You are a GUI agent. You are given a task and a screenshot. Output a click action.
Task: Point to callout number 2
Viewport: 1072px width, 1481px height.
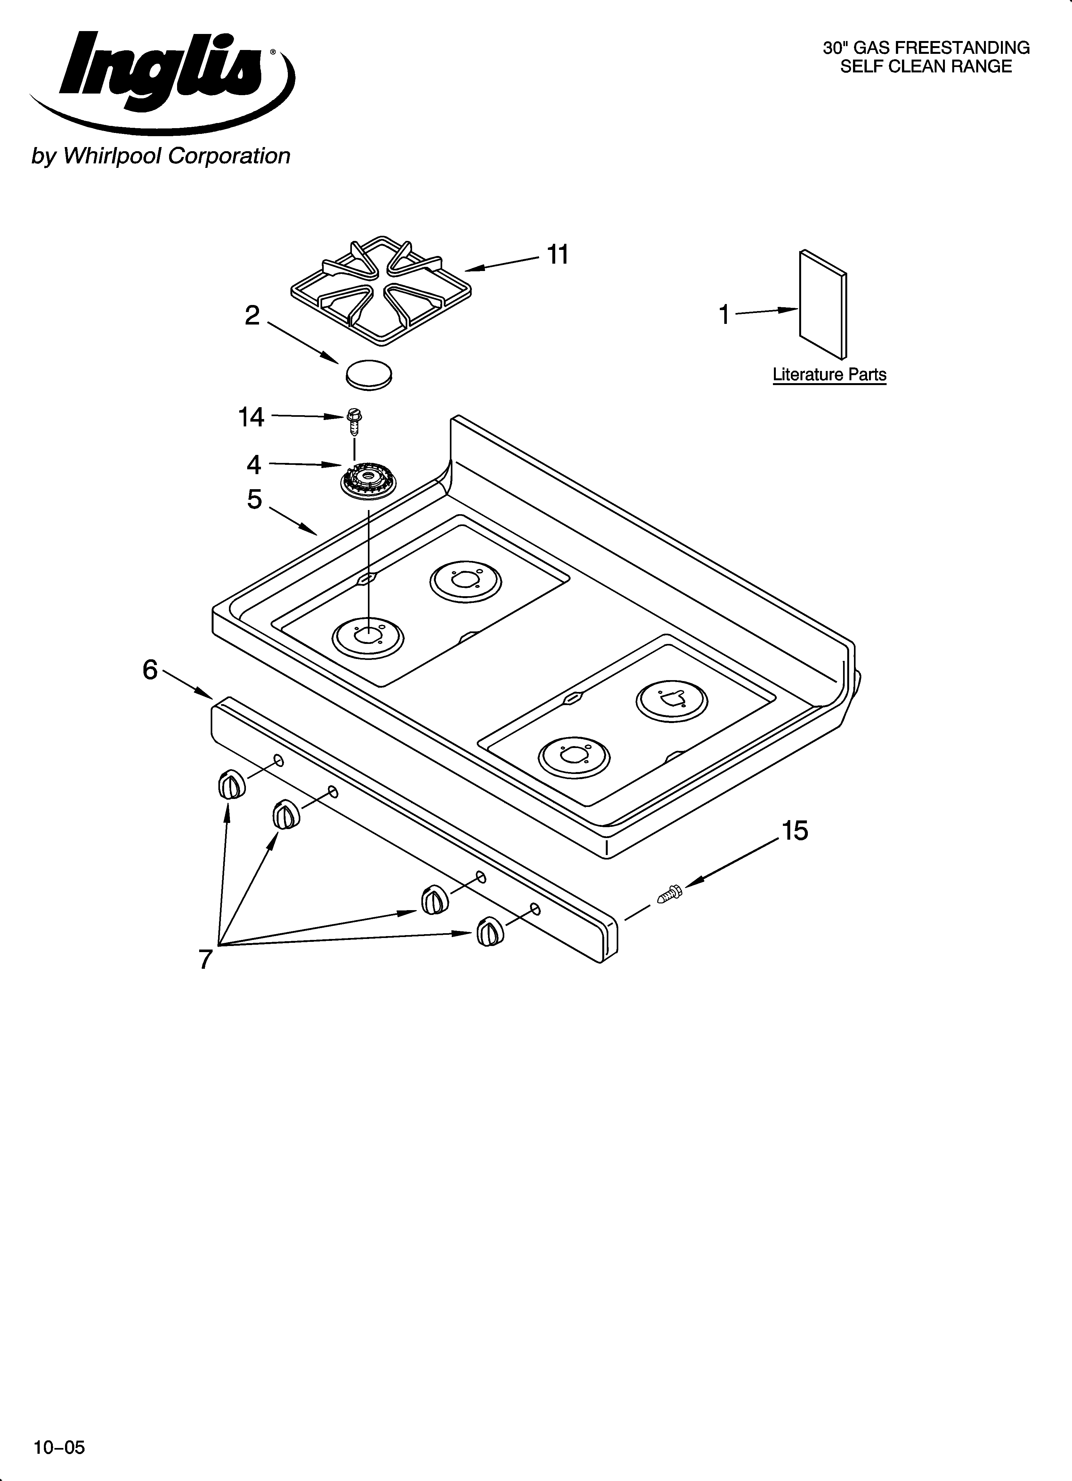pos(252,316)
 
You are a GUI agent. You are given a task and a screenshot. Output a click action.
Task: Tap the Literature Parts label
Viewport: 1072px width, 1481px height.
pos(829,375)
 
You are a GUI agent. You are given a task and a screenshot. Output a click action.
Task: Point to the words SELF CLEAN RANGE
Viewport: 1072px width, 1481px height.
pos(926,67)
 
